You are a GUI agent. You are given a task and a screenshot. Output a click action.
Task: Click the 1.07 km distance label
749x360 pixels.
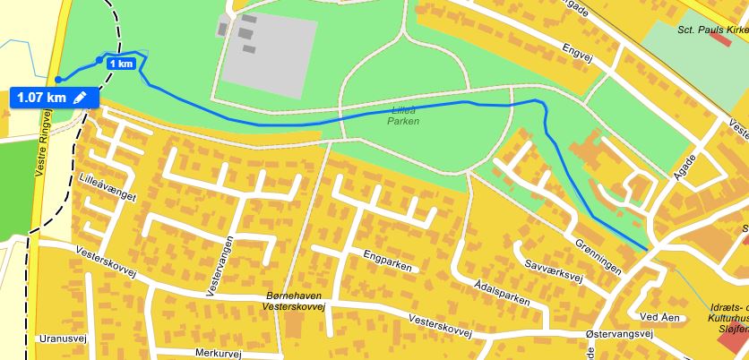tap(41, 97)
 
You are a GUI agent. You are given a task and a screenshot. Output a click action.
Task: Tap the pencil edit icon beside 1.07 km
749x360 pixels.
tap(81, 97)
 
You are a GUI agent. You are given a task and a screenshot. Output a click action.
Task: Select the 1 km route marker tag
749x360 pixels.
tap(121, 64)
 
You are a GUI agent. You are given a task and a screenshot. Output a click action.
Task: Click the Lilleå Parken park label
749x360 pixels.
tap(404, 116)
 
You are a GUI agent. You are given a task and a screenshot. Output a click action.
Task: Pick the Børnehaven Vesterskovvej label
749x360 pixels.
tap(295, 301)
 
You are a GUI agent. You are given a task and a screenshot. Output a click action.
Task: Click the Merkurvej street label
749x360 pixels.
tap(218, 354)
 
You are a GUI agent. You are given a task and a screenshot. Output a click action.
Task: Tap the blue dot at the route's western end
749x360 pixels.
tap(56, 79)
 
